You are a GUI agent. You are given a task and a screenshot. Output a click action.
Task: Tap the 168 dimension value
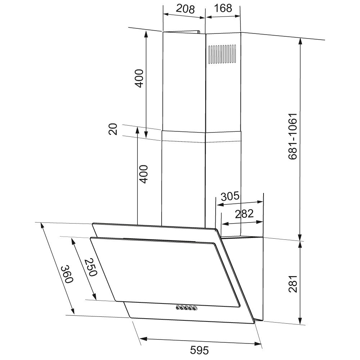click(x=223, y=8)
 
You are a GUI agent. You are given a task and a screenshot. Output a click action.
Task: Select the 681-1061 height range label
click(x=293, y=136)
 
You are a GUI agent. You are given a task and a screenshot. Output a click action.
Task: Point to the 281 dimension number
click(x=293, y=284)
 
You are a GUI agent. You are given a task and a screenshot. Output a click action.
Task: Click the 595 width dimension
click(x=199, y=350)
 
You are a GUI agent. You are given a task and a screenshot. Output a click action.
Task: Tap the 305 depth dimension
click(x=230, y=196)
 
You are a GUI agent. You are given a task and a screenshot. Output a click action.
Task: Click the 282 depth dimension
click(x=244, y=213)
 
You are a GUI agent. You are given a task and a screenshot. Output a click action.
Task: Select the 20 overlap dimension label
click(x=113, y=129)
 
